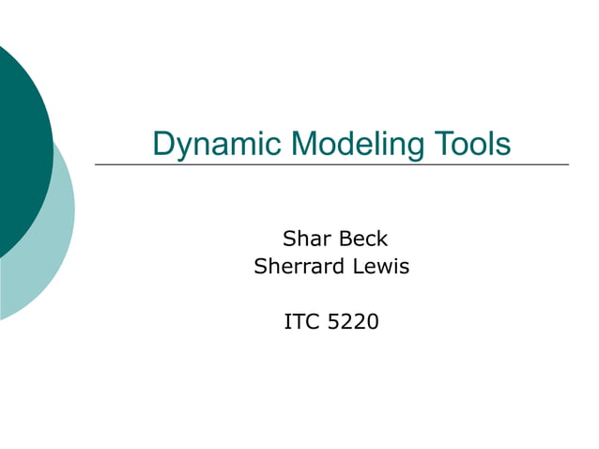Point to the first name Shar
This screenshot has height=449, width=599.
[x=305, y=240]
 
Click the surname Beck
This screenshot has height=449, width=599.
[x=362, y=240]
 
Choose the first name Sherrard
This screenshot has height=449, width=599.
[x=299, y=267]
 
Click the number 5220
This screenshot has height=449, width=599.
[x=354, y=323]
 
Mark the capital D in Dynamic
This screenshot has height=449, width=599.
[x=163, y=144]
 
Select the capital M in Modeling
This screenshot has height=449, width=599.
[x=306, y=144]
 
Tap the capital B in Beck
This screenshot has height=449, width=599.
[x=345, y=240]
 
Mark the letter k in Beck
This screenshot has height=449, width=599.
[x=382, y=240]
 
